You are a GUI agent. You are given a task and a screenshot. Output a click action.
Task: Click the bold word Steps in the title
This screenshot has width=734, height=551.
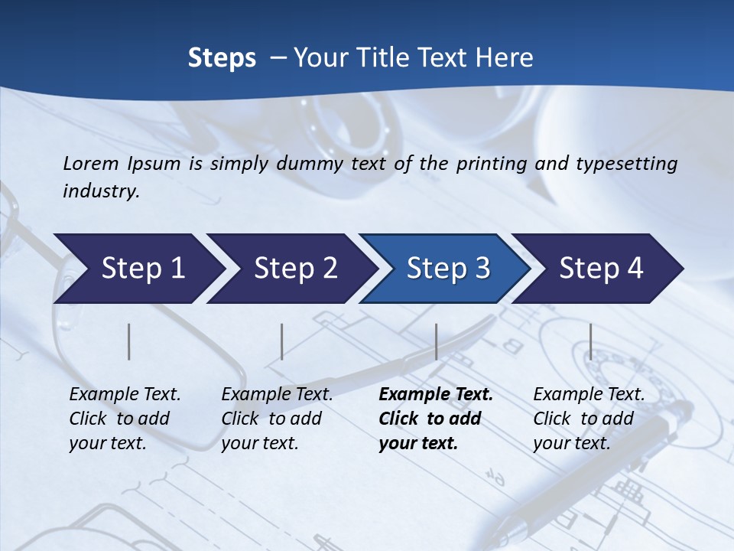coord(222,58)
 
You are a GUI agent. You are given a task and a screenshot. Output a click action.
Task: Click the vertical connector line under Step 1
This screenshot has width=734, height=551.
coord(129,341)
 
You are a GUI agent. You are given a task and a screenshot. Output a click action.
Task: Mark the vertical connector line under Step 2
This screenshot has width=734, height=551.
coord(282,341)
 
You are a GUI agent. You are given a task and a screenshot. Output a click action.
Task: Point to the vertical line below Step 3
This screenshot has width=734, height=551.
coord(436,341)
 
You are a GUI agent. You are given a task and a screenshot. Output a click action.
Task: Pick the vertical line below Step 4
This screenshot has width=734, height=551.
coord(590,341)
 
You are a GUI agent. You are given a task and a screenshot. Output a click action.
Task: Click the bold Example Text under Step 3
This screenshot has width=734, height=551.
coord(436,395)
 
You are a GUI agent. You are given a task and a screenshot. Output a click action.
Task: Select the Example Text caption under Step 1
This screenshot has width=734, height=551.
coord(125,395)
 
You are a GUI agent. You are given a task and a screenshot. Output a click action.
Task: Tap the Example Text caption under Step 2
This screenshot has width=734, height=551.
coord(277,395)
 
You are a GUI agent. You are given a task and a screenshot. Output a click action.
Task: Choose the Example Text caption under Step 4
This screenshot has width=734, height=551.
coord(589,395)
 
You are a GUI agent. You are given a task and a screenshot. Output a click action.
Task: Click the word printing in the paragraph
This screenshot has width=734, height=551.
coord(490,163)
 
